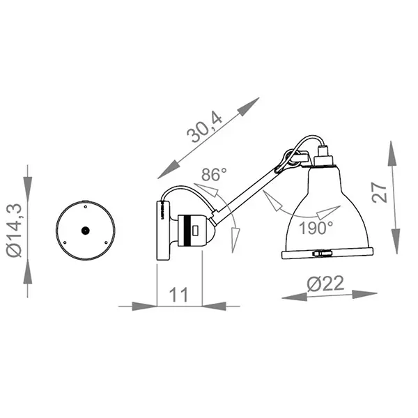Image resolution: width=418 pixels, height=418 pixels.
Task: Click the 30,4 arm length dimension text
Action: click(x=206, y=129)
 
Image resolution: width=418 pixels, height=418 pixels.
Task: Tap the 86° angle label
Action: click(x=213, y=175)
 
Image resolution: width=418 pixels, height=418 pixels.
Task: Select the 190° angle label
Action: click(x=316, y=227)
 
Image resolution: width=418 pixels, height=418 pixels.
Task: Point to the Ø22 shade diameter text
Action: click(x=324, y=284)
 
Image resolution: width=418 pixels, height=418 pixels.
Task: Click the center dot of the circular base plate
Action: click(x=84, y=230)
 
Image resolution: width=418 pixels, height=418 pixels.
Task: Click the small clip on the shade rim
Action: click(x=321, y=254)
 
